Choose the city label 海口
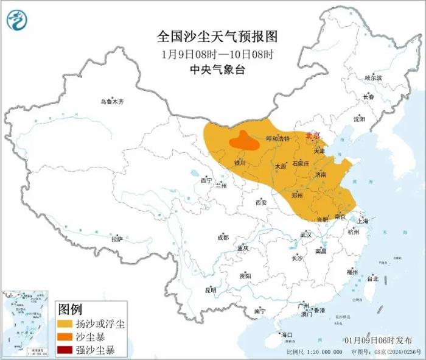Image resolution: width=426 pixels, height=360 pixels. (x=286, y=335)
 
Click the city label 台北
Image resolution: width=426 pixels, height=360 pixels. (x=372, y=278)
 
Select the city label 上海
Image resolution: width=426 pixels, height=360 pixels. (x=364, y=221)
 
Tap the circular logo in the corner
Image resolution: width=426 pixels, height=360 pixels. (x=17, y=21)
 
